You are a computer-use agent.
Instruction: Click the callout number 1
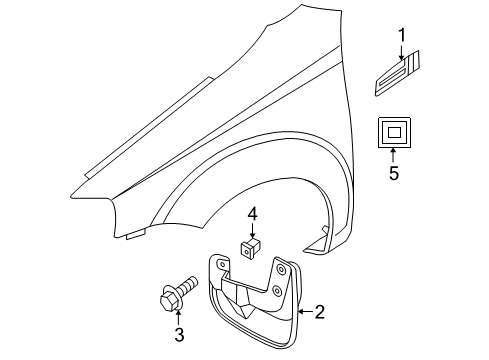tap(401, 37)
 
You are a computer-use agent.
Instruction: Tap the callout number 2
tap(319, 313)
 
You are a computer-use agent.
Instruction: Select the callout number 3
tap(178, 334)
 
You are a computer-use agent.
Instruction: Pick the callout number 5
tap(393, 174)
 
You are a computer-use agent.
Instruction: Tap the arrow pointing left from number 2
tap(300, 313)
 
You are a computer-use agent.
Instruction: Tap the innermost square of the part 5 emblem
tap(393, 130)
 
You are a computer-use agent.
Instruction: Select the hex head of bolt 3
tap(169, 296)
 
